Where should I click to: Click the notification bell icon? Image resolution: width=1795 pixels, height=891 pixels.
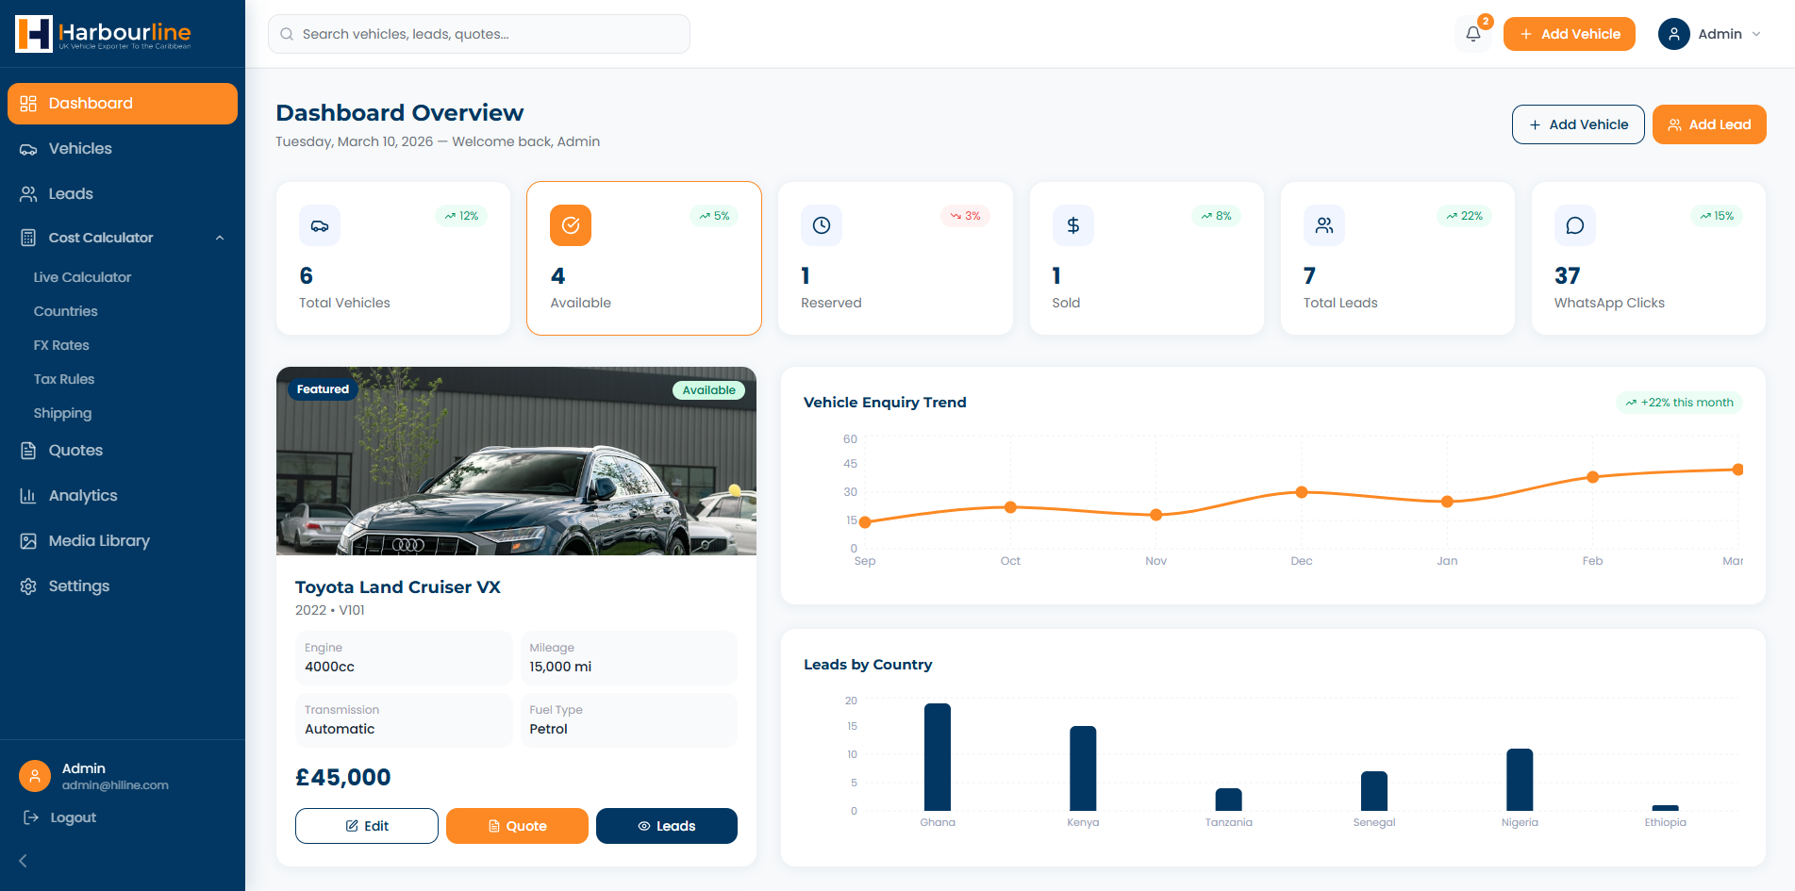(1472, 34)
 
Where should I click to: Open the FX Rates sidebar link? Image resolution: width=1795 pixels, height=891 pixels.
(61, 345)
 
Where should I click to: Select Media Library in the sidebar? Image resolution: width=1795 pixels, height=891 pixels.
(99, 541)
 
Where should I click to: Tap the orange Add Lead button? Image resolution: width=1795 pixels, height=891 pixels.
(1708, 124)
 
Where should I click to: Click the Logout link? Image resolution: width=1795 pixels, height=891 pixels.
(73, 817)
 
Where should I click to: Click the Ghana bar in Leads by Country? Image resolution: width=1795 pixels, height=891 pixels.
(938, 757)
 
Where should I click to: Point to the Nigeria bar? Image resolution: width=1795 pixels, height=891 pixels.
(1520, 780)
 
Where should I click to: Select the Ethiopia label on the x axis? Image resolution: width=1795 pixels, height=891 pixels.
(1665, 822)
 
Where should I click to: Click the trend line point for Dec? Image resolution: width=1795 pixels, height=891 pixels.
(1302, 492)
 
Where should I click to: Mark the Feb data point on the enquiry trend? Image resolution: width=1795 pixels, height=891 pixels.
(1593, 477)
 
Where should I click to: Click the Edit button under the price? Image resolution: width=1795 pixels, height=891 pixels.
(366, 826)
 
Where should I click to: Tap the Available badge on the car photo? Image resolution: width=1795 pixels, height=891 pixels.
(708, 390)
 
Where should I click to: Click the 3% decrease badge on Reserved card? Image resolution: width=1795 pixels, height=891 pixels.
(965, 216)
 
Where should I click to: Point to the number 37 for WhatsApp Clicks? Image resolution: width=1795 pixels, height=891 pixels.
(1567, 276)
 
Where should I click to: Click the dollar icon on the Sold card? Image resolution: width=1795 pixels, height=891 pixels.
(1072, 225)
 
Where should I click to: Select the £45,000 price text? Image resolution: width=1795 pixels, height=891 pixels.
(342, 778)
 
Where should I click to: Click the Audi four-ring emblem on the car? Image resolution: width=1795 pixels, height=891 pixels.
(408, 545)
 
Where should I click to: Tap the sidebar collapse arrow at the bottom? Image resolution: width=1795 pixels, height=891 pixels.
(24, 861)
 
